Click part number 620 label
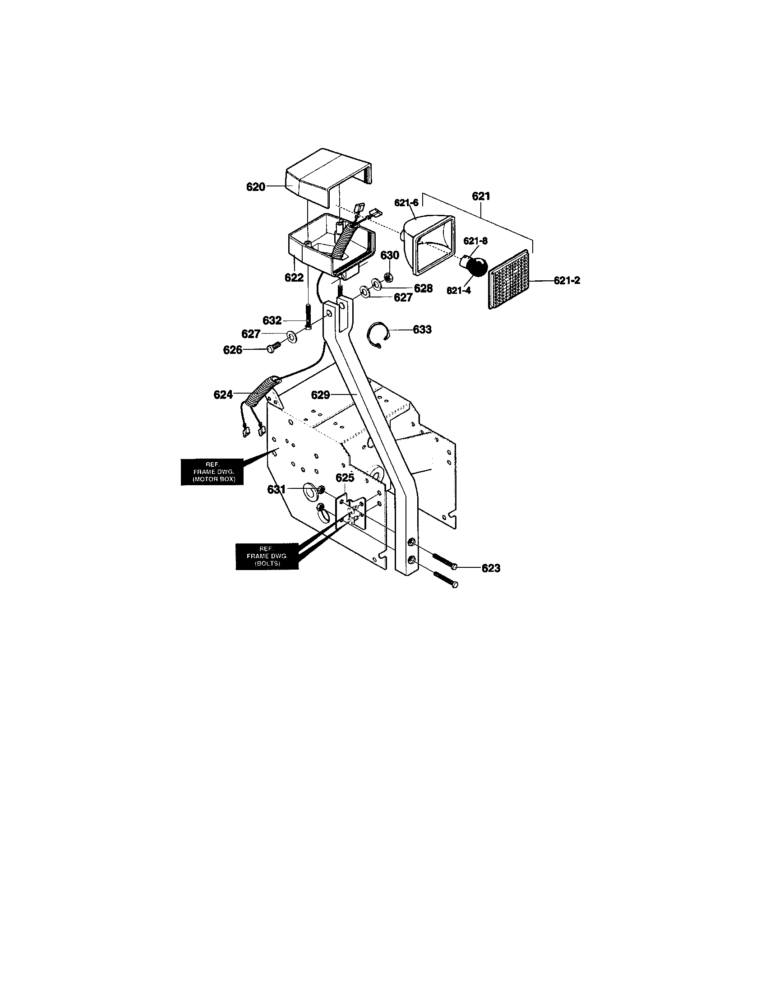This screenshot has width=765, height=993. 255,186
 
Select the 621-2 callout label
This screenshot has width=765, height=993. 567,281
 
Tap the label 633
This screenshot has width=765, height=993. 422,329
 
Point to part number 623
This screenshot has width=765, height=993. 491,568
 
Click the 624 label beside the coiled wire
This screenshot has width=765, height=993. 223,394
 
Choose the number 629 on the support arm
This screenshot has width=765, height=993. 320,395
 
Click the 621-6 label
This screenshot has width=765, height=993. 406,203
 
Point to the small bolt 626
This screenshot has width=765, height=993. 274,348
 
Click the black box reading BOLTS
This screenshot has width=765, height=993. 267,556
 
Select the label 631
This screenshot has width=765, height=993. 277,489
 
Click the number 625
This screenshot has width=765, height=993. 345,478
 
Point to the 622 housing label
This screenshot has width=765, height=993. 294,277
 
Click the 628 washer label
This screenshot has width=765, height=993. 423,288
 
